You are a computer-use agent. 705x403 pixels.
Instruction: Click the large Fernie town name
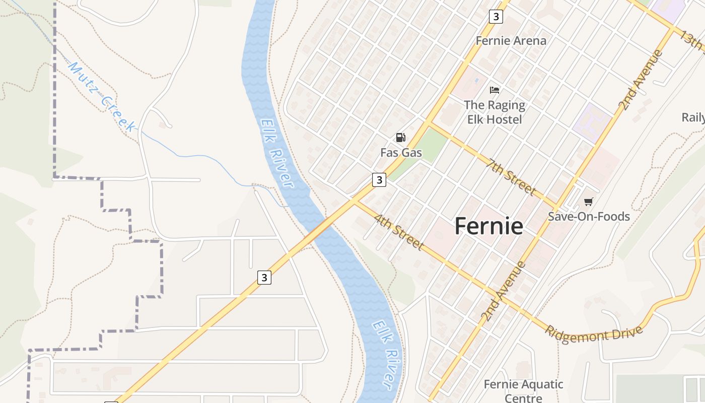point(488,226)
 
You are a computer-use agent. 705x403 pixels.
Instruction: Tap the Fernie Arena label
point(511,41)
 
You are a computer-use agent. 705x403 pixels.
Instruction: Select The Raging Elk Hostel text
point(494,112)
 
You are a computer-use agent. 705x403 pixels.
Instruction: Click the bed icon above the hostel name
point(495,90)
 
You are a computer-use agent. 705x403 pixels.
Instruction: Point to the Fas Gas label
point(401,152)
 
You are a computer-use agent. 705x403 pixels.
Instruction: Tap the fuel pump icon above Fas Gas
point(401,138)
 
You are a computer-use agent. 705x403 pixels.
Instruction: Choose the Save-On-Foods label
point(589,217)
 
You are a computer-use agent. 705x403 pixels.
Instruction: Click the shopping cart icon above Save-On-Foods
point(588,202)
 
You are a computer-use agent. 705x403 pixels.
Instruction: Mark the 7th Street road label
point(511,176)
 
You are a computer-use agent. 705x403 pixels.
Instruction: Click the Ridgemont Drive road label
point(594,334)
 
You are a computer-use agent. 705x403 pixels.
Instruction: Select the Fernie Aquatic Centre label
point(523,391)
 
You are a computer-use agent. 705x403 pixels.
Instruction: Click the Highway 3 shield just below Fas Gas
point(379,179)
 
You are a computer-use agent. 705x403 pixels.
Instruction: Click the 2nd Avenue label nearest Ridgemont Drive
point(503,291)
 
